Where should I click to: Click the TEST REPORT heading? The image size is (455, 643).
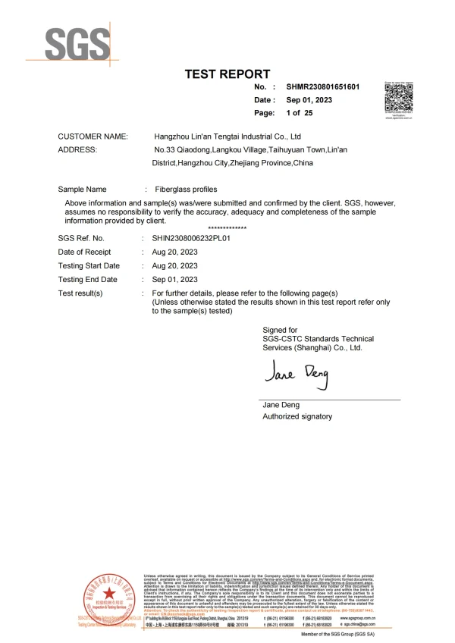click(x=227, y=74)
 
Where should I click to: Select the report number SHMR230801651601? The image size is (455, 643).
click(x=322, y=87)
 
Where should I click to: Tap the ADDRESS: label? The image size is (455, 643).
click(x=77, y=150)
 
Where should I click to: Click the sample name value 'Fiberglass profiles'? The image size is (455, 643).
click(x=186, y=189)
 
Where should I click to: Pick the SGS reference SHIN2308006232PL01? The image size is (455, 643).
click(x=196, y=238)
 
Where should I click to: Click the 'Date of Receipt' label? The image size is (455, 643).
click(x=85, y=252)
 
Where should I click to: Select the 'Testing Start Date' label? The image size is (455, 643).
click(x=89, y=265)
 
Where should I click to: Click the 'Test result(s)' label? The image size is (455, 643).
click(x=80, y=293)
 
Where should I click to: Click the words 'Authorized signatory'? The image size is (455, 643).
click(x=297, y=416)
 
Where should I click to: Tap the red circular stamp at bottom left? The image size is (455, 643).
click(x=109, y=596)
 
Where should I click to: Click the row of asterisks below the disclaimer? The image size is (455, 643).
click(x=226, y=228)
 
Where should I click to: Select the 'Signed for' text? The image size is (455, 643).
click(x=280, y=330)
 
